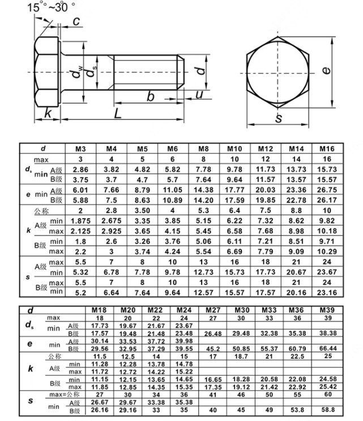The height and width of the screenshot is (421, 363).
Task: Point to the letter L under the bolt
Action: tap(117, 113)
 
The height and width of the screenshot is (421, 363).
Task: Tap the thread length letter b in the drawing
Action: tap(151, 96)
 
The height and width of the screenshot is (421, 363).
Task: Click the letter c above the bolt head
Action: tap(75, 22)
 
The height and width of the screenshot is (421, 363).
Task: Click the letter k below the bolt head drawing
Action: tap(48, 113)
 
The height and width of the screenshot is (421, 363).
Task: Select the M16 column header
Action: tap(327, 148)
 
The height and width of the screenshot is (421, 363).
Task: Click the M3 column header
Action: tap(80, 148)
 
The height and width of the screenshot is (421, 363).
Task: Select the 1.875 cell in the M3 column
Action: tap(80, 221)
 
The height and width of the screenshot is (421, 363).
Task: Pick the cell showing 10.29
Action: tap(327, 251)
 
